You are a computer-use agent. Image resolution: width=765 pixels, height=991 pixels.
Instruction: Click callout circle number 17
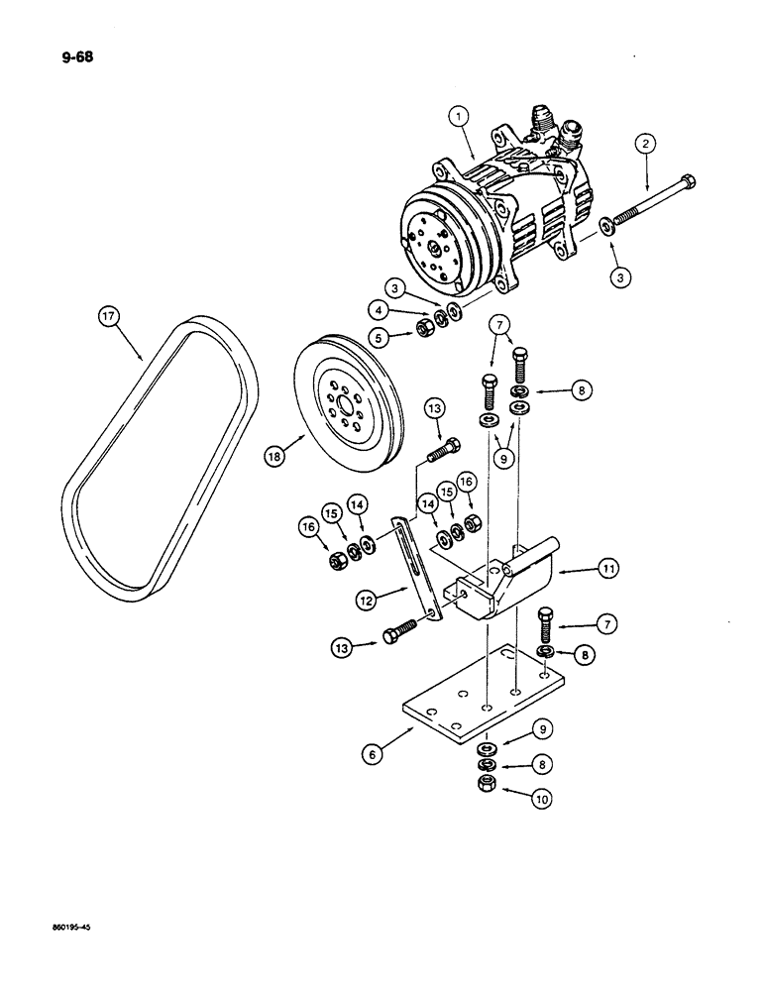108,318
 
